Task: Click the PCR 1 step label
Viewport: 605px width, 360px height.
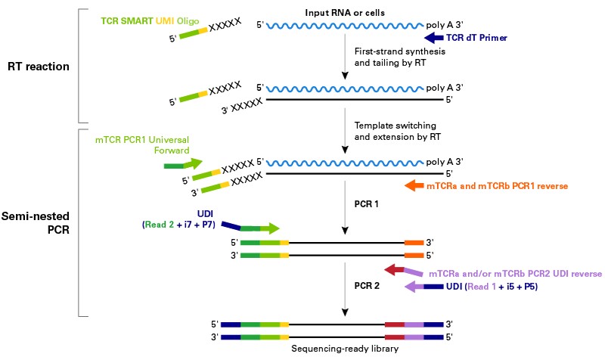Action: coord(368,204)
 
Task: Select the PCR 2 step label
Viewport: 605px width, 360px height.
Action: coord(368,287)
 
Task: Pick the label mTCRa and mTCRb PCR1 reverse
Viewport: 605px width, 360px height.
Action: coord(496,185)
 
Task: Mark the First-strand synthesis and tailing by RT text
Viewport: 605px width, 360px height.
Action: coord(390,55)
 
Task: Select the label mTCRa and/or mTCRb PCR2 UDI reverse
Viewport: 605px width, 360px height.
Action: coord(515,273)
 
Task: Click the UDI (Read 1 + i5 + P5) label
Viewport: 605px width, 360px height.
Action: coord(496,287)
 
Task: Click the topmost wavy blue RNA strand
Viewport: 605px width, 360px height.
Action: coord(344,26)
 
